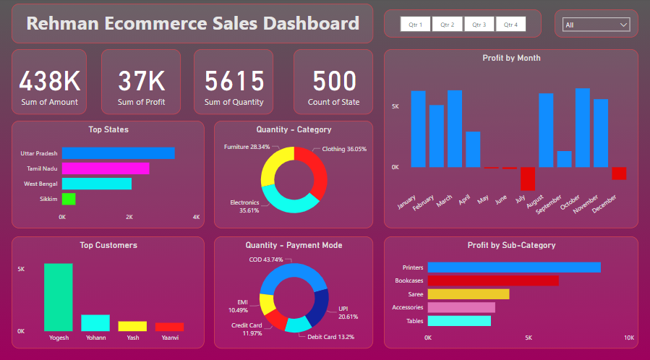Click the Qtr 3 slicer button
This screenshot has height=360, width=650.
[x=479, y=25]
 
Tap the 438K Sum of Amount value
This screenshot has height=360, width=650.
[x=49, y=81]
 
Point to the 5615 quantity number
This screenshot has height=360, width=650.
[x=234, y=81]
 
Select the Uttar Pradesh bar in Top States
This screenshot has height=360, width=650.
[x=118, y=153]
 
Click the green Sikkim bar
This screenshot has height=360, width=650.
[x=69, y=199]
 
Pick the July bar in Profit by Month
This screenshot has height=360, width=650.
[x=527, y=179]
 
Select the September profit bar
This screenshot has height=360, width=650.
[x=564, y=159]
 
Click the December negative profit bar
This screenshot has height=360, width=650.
[x=619, y=173]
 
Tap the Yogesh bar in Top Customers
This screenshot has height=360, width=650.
[x=59, y=297]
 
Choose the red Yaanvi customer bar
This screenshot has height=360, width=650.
[x=169, y=327]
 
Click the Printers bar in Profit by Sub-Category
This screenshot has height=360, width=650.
[x=514, y=267]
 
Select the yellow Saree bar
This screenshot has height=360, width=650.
[x=469, y=294]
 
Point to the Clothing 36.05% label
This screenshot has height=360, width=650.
[x=344, y=149]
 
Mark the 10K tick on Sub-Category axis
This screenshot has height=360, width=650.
[x=628, y=338]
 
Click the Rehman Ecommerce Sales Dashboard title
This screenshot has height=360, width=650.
[x=192, y=23]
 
